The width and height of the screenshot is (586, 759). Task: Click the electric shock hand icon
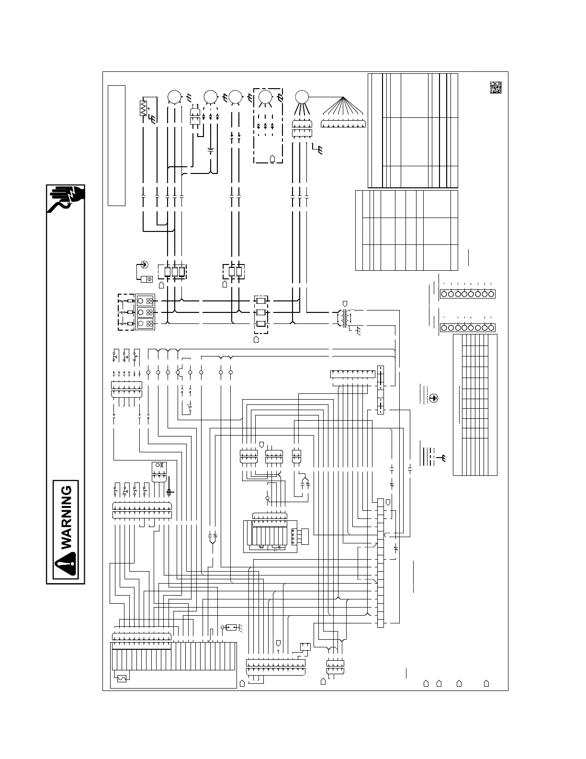tap(66, 200)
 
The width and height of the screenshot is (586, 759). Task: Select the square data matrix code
tap(495, 88)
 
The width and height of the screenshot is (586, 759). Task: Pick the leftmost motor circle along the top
tap(174, 97)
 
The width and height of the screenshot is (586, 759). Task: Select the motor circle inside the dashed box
tap(264, 97)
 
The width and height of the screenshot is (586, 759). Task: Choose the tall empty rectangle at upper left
tap(116, 146)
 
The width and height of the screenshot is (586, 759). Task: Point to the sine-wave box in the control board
tap(122, 678)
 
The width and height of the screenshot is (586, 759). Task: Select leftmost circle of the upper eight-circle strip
tap(443, 294)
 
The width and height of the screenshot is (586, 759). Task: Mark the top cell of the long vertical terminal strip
tap(380, 502)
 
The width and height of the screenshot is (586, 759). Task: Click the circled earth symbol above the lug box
tap(145, 263)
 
